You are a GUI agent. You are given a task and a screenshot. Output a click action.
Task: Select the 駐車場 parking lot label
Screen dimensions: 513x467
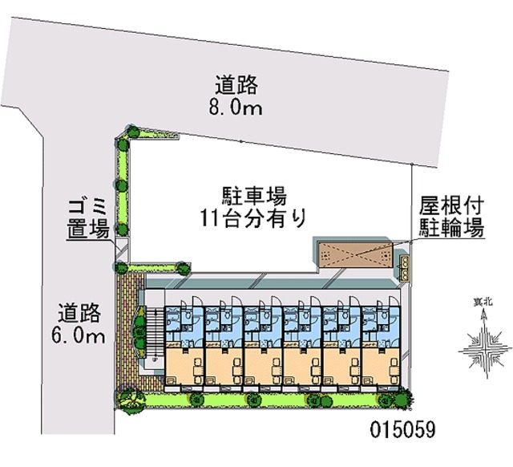pos(254,196)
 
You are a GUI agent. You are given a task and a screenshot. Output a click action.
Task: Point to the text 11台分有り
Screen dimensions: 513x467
pos(253,217)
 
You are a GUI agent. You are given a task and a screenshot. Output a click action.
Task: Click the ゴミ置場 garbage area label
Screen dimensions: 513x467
pos(87,218)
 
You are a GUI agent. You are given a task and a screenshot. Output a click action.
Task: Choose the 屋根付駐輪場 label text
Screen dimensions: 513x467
pos(452,217)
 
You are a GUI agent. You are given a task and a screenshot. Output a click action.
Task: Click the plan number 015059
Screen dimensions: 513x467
pos(402,429)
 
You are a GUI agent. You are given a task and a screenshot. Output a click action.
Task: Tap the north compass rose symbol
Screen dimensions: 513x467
pos(484,344)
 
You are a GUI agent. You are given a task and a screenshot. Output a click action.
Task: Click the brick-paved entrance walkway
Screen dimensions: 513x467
pos(130,331)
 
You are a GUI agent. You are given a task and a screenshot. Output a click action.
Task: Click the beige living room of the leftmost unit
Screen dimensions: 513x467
pos(185,366)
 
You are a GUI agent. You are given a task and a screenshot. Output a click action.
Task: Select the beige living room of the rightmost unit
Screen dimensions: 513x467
pos(382,366)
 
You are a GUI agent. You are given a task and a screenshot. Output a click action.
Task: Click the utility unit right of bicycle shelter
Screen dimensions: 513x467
pos(405,267)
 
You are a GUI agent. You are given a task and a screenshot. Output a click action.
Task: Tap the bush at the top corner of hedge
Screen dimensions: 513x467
pos(133,132)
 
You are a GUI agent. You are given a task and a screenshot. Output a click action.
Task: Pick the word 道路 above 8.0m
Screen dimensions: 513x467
pos(236,85)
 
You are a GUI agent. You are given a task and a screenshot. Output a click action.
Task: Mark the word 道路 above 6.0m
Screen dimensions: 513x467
pos(79,313)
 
